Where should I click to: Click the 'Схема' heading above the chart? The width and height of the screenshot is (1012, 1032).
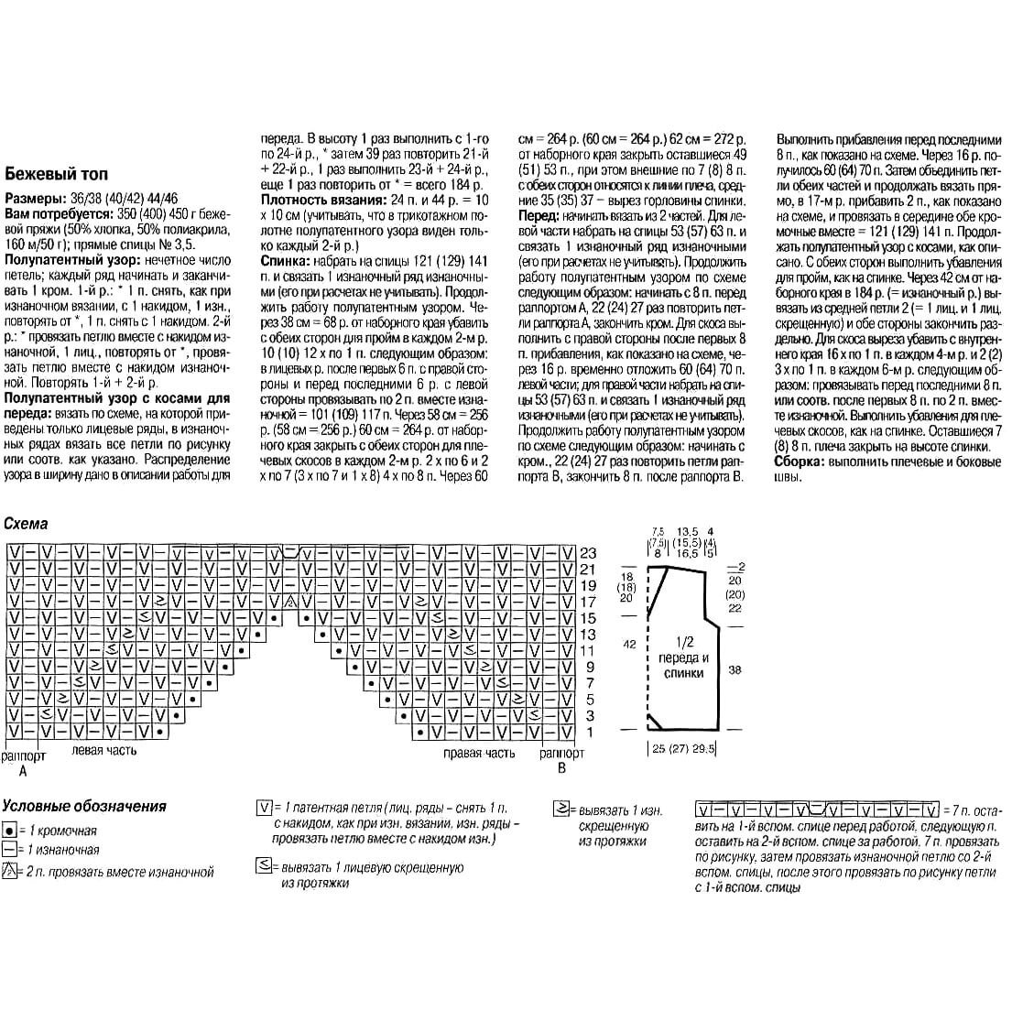pyautogui.click(x=27, y=525)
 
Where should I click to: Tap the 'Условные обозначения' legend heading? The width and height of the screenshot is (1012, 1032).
pyautogui.click(x=84, y=806)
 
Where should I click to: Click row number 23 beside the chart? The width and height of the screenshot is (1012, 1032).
pyautogui.click(x=587, y=553)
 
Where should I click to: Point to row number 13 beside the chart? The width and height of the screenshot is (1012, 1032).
pyautogui.click(x=587, y=635)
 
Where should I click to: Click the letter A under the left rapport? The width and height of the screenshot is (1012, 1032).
pyautogui.click(x=23, y=771)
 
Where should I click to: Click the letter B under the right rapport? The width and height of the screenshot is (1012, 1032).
pyautogui.click(x=561, y=769)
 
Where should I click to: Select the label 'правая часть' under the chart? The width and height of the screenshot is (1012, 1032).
pyautogui.click(x=479, y=754)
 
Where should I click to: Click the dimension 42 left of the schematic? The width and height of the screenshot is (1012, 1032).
pyautogui.click(x=629, y=645)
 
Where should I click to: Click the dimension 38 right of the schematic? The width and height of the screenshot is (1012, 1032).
pyautogui.click(x=735, y=670)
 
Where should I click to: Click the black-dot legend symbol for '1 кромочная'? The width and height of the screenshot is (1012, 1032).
pyautogui.click(x=8, y=831)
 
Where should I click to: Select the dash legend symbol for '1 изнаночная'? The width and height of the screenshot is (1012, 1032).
pyautogui.click(x=8, y=850)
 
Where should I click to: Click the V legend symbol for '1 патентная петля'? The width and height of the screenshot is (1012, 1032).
pyautogui.click(x=264, y=808)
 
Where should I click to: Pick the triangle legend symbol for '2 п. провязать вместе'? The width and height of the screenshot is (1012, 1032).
pyautogui.click(x=8, y=872)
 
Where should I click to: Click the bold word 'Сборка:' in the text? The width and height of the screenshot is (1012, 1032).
pyautogui.click(x=799, y=463)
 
